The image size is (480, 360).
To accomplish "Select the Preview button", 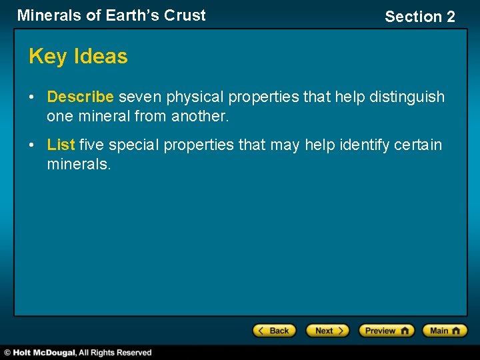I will coord(386,331).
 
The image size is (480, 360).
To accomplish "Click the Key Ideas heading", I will coord(78,57).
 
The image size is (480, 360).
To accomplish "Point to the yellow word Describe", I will coord(80,97).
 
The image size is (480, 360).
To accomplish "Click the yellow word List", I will coord(61,145).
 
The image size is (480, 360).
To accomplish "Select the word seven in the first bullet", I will coord(140,97).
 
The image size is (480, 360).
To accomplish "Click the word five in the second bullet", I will coord(92,145).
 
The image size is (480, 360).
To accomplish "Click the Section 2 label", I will coord(420,17).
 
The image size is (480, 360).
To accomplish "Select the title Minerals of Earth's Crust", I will coord(111,15).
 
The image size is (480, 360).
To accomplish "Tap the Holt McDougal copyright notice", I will coord(78,353).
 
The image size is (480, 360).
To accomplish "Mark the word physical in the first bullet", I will coord(195,97).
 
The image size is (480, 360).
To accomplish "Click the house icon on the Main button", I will coord(458,331).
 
